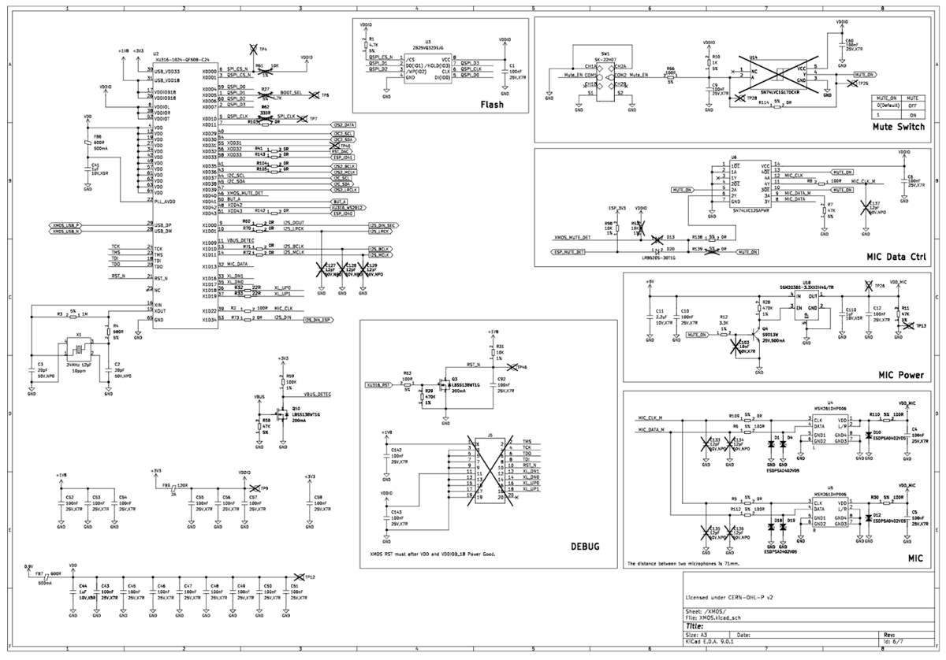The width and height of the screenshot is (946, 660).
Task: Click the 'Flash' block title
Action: [491, 104]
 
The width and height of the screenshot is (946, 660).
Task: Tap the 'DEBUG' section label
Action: [584, 546]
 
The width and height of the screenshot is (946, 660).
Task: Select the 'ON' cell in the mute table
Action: [912, 114]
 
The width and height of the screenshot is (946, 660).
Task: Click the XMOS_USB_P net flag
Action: [65, 225]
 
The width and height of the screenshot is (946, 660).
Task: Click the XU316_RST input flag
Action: [377, 385]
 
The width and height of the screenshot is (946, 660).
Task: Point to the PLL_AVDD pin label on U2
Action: [164, 201]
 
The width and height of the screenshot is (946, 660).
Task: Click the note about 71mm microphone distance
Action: [683, 564]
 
